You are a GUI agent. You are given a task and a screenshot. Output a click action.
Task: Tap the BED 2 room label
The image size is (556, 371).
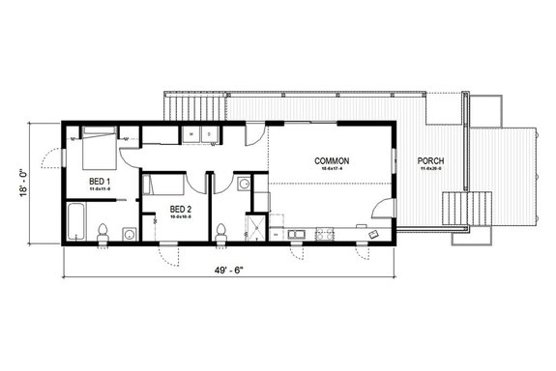[181, 208]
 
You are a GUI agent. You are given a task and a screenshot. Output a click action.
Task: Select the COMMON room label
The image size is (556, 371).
[332, 160]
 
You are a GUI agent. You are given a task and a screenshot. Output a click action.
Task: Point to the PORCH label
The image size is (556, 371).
[430, 160]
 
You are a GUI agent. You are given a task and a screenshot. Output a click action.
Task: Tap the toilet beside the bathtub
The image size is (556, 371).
[103, 229]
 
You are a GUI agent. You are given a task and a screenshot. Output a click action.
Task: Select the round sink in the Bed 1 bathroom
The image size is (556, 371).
[129, 234]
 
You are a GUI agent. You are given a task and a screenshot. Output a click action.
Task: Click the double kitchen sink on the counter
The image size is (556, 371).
[296, 233]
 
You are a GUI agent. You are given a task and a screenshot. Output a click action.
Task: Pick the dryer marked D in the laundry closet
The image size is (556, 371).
[210, 134]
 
